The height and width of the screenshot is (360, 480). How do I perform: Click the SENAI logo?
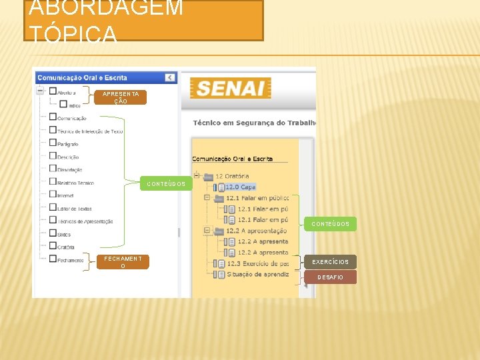[x=230, y=89]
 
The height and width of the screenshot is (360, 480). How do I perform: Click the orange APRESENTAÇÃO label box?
[x=121, y=98]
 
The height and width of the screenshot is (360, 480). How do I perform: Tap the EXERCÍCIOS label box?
[x=331, y=262]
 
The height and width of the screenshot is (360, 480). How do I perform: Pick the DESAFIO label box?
[x=331, y=277]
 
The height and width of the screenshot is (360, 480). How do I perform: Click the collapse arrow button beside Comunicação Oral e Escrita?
[x=170, y=77]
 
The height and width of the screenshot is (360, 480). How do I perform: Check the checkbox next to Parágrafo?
[x=53, y=143]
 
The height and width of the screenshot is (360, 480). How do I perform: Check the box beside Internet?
[x=53, y=194]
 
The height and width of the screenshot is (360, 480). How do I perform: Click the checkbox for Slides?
[x=53, y=233]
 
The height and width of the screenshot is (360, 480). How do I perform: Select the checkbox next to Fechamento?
[x=53, y=259]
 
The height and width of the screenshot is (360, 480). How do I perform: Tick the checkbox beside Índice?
[x=63, y=104]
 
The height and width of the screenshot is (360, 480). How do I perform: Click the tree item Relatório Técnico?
[x=75, y=183]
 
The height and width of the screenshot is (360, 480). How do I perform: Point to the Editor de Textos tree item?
[x=74, y=209]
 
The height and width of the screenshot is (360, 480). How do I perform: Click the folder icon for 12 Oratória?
[x=208, y=177]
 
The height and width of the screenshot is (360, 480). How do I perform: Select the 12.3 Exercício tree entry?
[x=257, y=263]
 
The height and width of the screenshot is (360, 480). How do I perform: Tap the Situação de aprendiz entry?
[x=257, y=274]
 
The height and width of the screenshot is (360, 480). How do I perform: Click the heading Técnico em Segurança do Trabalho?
[x=253, y=123]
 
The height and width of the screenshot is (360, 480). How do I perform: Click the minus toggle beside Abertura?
[x=41, y=91]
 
